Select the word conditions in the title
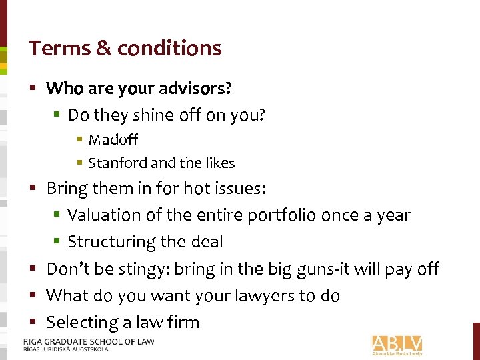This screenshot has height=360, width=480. [x=169, y=48]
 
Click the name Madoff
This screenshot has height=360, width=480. [x=113, y=139]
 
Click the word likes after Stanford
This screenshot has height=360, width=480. [x=219, y=163]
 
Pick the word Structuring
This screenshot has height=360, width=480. [x=109, y=242]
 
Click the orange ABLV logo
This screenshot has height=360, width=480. [x=397, y=345]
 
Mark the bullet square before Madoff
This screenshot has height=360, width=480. [x=79, y=140]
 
